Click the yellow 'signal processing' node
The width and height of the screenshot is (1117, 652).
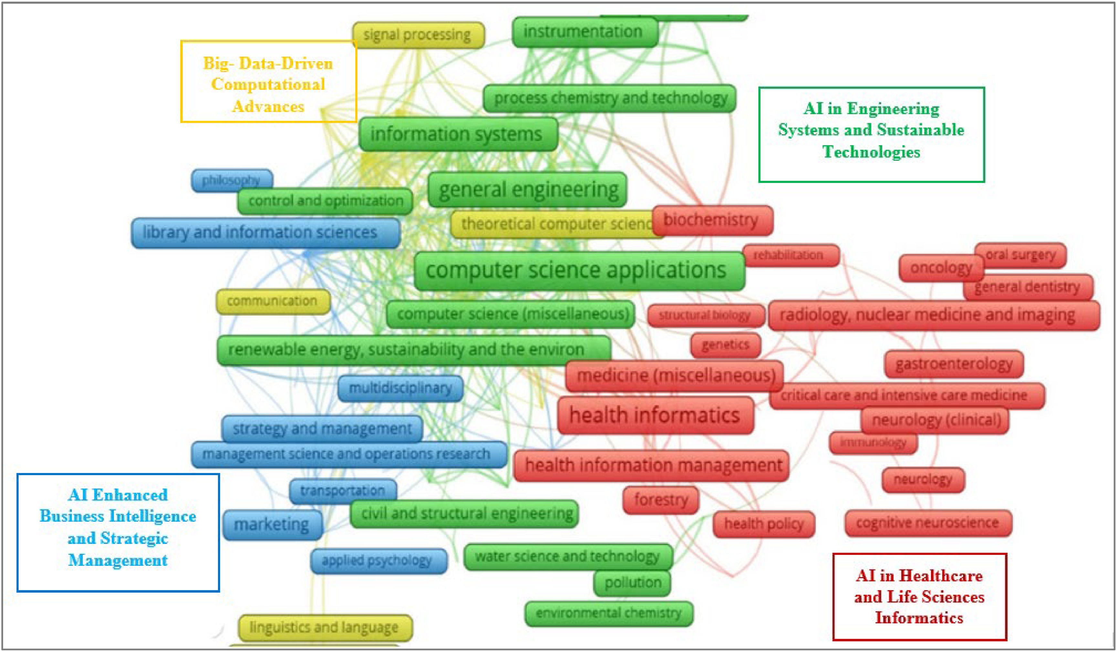pos(418,35)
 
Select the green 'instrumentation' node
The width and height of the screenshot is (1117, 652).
pos(584,31)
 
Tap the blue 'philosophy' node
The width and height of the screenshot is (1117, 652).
pos(231,180)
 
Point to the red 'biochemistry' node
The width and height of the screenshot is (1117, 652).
pos(711,220)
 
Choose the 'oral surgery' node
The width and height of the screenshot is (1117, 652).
pos(1020,255)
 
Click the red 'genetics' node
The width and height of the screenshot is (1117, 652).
pos(725,345)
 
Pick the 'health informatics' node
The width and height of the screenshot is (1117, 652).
pos(655,415)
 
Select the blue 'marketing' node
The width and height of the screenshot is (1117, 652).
pos(272,524)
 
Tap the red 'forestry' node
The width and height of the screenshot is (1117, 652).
pos(661,500)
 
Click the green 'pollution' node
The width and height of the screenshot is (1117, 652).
pos(632,583)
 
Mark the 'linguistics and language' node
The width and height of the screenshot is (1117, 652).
pos(324,627)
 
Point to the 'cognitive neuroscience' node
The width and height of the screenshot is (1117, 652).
pos(928,523)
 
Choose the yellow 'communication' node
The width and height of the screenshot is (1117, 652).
pos(273,301)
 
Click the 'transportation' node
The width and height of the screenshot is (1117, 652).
pos(343,491)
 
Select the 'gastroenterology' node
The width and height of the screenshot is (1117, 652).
pos(954,364)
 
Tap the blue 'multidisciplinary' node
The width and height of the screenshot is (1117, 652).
pos(400,388)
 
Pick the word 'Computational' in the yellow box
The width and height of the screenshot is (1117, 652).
pos(268,84)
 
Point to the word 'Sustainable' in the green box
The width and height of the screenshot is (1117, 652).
pos(920,130)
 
